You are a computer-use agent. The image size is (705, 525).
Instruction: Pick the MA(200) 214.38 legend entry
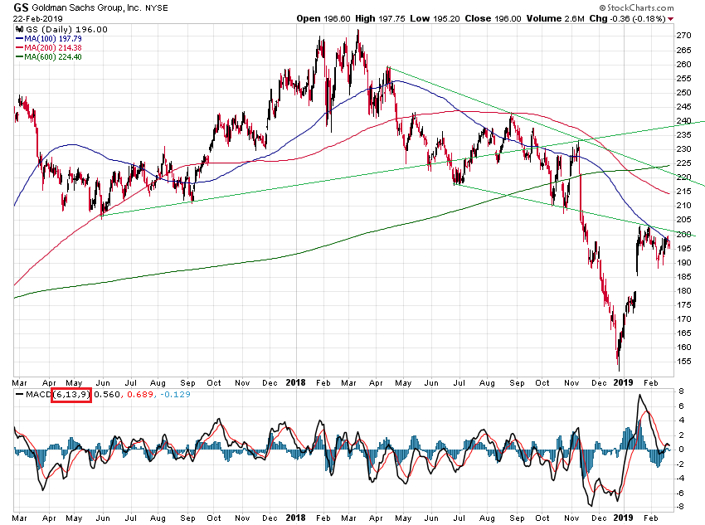(x=46, y=47)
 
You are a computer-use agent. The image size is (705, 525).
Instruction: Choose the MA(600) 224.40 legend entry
(x=46, y=56)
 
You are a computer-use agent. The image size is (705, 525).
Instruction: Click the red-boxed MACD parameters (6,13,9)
(x=71, y=395)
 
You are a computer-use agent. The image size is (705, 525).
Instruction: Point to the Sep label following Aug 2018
(x=517, y=383)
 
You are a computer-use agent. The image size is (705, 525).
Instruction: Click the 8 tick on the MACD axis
(x=681, y=391)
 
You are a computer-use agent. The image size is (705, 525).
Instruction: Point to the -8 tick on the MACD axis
(x=681, y=508)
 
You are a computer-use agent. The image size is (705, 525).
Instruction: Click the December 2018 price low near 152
(x=618, y=369)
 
